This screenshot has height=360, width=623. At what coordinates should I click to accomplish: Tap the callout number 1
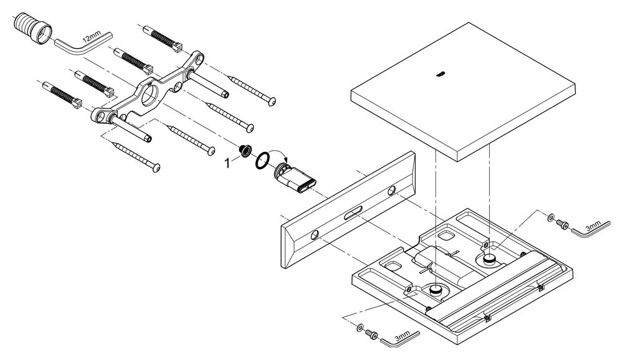point(227,163)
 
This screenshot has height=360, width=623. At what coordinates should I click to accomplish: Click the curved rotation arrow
point(280,156)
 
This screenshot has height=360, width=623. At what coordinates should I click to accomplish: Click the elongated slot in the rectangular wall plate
point(353,214)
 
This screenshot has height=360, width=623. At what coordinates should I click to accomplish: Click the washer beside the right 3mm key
point(551,217)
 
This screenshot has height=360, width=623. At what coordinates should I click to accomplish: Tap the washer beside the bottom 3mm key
point(359,328)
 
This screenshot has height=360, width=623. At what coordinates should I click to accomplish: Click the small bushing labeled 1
point(244,151)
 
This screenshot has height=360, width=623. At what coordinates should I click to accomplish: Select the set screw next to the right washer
point(562,224)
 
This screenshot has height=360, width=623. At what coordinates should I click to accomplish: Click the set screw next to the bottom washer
point(371,334)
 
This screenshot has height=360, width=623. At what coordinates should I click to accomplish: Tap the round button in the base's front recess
point(436,289)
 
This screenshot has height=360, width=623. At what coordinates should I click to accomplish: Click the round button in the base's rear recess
point(489,259)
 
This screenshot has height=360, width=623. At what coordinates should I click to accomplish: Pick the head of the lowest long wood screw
point(156,168)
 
